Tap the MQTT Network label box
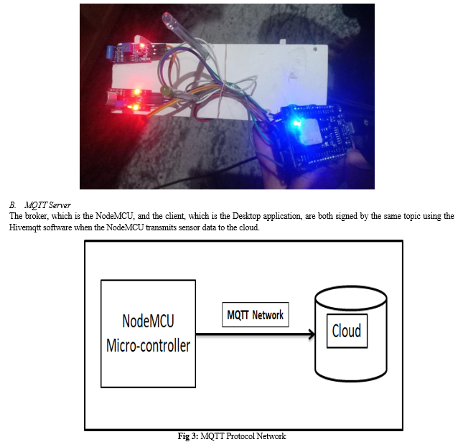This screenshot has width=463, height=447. point(256,314)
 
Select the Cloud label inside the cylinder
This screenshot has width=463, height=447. point(347,331)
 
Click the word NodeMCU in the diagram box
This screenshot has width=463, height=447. point(148,321)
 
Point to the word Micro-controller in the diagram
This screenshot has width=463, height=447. point(148,346)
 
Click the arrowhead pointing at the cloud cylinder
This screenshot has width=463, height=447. point(312,334)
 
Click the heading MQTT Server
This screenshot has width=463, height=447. point(48,205)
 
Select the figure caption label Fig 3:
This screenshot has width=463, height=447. point(188,436)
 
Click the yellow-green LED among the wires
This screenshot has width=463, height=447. point(164,90)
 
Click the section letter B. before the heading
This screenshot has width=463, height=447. point(12,205)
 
